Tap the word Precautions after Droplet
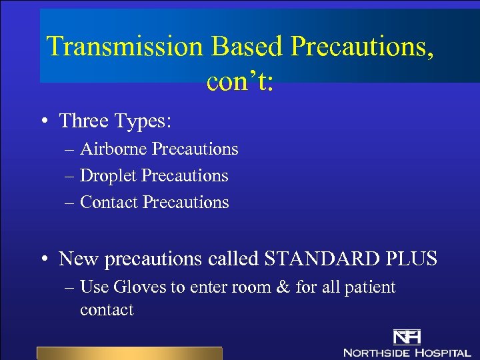tap(185, 175)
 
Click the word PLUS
tap(413, 259)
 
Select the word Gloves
tap(140, 287)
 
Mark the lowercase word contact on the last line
tap(107, 310)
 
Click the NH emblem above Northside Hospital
tap(407, 337)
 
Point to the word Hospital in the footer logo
tap(443, 352)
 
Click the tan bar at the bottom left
tap(129, 353)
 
